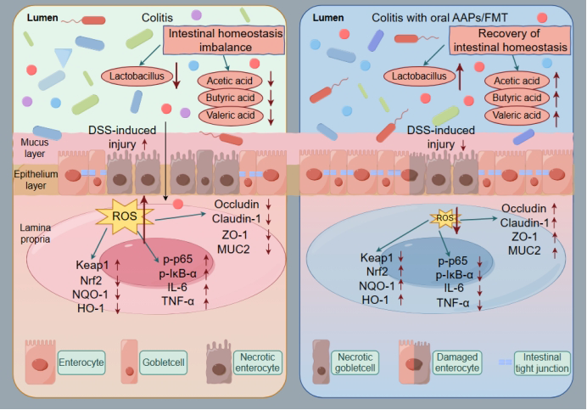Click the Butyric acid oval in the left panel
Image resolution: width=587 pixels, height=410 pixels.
coord(226,98)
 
